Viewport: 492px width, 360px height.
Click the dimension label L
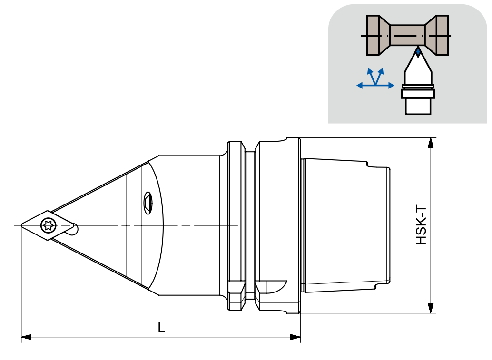[x=161, y=328]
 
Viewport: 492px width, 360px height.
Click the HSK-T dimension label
[x=421, y=225]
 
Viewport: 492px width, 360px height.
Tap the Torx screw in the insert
[x=49, y=225]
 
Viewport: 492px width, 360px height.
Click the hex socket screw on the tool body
[x=148, y=203]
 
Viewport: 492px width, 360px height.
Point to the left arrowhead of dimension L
[x=26, y=337]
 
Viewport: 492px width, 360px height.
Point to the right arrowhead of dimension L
[x=295, y=337]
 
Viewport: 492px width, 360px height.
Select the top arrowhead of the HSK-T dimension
[x=431, y=143]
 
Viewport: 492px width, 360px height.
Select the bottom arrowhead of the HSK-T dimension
[x=431, y=308]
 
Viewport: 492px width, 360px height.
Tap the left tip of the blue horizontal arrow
[x=357, y=85]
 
